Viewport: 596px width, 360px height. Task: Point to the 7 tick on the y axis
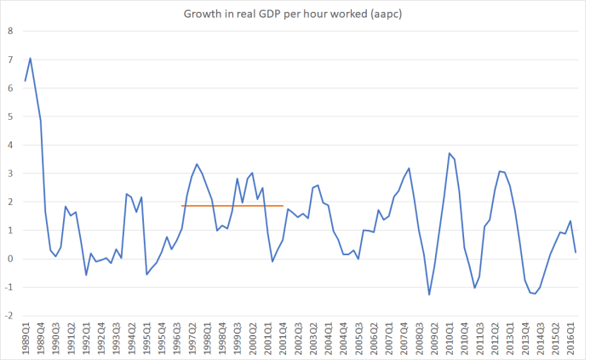click(10, 60)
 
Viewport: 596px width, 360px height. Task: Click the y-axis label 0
click(10, 259)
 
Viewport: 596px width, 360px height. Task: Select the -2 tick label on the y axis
click(9, 316)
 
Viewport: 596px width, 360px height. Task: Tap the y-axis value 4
click(10, 145)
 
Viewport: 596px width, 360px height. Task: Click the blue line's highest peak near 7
click(31, 58)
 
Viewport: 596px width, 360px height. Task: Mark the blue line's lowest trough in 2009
click(429, 295)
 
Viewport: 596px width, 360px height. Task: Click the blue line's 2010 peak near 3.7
click(449, 153)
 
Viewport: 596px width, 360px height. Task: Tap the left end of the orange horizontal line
click(182, 205)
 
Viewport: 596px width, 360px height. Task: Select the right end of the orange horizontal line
click(283, 205)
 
